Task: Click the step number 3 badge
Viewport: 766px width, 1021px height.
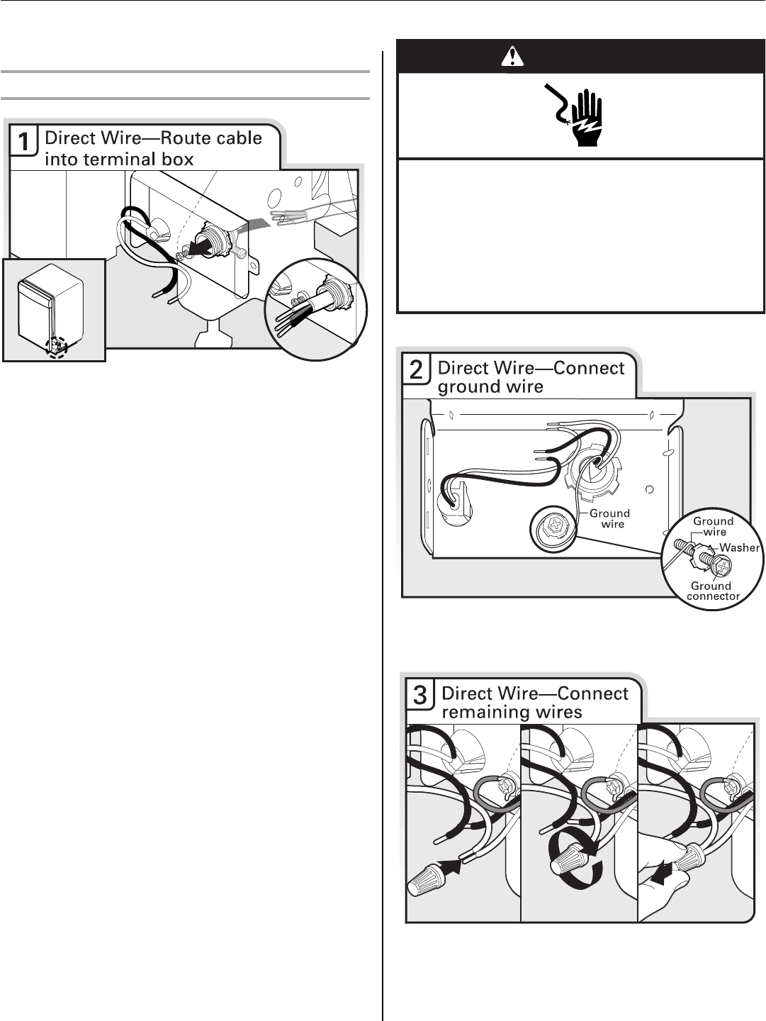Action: tap(421, 696)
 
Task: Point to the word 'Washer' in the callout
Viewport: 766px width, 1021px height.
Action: tap(739, 547)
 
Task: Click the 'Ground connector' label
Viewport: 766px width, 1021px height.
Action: tap(711, 591)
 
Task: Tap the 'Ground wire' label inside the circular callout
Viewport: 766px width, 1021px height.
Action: tap(713, 526)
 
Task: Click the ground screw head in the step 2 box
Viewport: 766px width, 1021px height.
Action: tap(553, 528)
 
